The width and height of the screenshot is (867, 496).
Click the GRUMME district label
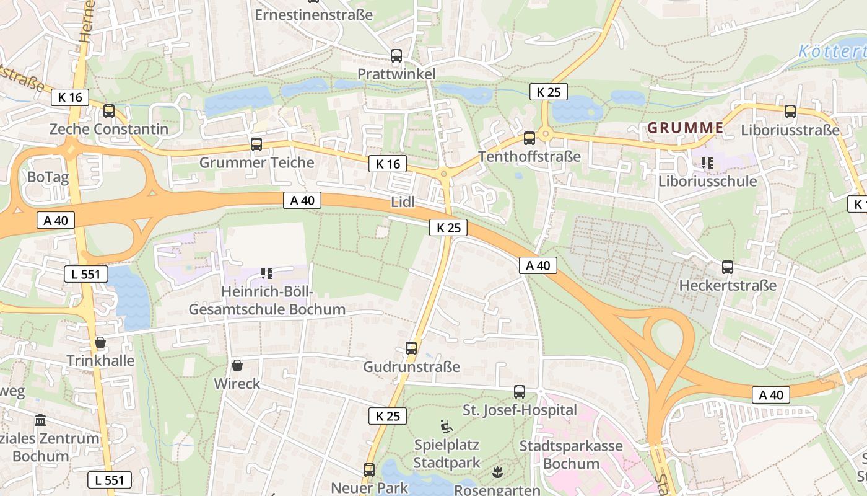point(685,128)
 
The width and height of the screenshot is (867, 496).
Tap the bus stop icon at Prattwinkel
point(396,56)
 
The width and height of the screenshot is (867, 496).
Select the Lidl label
point(403,202)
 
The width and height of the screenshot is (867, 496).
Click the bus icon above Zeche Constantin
point(109,111)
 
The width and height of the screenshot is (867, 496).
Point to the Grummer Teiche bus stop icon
point(256,144)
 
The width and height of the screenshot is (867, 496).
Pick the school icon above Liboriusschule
point(707,164)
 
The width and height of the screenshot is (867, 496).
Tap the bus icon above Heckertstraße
point(728,267)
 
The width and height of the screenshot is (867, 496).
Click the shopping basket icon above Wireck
point(237,365)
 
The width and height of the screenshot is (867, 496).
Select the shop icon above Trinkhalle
point(100,343)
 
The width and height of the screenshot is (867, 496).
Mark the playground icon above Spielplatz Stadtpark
point(447,427)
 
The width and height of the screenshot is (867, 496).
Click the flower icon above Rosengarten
point(497,472)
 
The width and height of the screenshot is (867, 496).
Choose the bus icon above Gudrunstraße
point(411,348)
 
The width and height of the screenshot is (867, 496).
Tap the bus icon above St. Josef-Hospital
point(519,392)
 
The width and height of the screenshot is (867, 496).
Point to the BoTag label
point(48,177)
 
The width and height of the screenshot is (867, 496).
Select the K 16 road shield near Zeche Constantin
point(70,97)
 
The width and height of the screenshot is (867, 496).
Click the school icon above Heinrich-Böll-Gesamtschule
point(268,273)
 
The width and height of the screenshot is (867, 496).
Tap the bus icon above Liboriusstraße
point(790,112)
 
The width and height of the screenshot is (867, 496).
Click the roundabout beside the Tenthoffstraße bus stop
point(545,133)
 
